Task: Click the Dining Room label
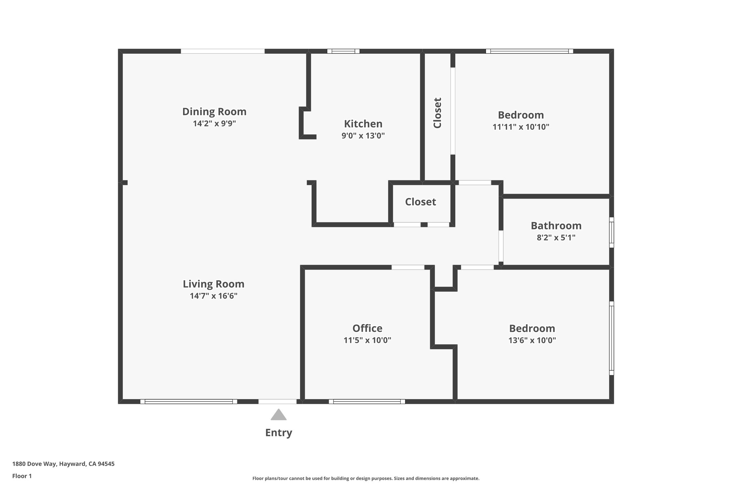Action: click(x=214, y=112)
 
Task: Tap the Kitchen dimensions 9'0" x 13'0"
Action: click(x=363, y=136)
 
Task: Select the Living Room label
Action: click(x=213, y=284)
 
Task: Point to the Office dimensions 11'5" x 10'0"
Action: click(x=367, y=340)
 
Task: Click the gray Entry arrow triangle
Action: click(x=278, y=415)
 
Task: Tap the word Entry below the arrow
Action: click(x=278, y=433)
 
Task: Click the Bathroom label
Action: click(x=556, y=226)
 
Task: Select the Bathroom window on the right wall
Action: click(x=611, y=232)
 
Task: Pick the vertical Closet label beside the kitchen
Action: click(x=437, y=113)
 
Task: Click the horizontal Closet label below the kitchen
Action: click(x=420, y=202)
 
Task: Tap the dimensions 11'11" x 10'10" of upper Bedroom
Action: click(x=520, y=127)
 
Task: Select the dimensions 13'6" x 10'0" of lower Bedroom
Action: click(x=532, y=340)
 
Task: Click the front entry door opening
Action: click(x=277, y=401)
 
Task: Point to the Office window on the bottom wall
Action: click(x=367, y=401)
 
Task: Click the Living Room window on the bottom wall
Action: click(x=188, y=401)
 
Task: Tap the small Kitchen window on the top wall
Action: click(x=343, y=51)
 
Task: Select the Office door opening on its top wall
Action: click(x=407, y=267)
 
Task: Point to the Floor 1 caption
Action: click(x=22, y=476)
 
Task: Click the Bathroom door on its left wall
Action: click(x=501, y=246)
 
